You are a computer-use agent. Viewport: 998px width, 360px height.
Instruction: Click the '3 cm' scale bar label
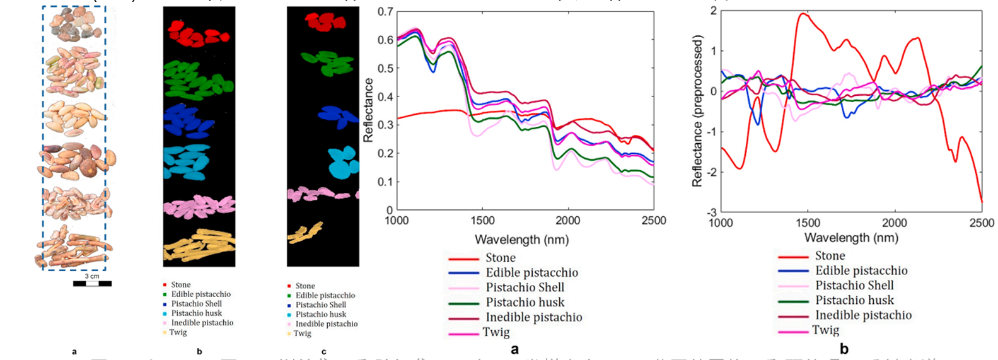(x=92, y=276)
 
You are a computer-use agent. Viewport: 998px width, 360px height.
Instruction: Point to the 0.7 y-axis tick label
(x=385, y=11)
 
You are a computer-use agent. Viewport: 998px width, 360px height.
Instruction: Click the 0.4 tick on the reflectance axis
(x=385, y=96)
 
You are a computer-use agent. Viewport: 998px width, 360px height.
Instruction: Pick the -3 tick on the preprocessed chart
(x=712, y=212)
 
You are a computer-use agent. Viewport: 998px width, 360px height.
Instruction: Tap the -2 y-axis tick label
(x=712, y=172)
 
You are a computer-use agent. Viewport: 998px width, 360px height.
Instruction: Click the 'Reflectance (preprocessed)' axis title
(x=697, y=112)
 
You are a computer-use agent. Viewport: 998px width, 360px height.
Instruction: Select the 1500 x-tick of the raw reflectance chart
(x=482, y=221)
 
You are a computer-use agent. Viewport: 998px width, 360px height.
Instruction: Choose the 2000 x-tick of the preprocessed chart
(x=895, y=223)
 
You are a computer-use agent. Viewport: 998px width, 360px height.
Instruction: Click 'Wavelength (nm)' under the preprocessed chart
(x=851, y=238)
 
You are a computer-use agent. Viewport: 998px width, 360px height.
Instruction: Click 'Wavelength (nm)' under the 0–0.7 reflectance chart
(x=521, y=240)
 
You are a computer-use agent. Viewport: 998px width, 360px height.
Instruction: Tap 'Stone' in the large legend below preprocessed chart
(x=830, y=256)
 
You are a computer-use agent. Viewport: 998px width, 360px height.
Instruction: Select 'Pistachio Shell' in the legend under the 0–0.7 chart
(x=525, y=287)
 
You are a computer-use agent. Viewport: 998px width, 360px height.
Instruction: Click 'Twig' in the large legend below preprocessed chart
(x=825, y=330)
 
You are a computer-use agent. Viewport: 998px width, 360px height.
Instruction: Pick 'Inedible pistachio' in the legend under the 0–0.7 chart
(x=533, y=317)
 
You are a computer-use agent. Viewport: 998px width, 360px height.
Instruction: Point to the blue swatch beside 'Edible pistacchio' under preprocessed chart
(x=792, y=271)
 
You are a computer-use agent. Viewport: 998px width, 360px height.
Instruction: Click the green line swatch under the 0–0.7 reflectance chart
(x=463, y=303)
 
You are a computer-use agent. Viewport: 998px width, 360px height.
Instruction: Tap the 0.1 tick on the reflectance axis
(x=385, y=182)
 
